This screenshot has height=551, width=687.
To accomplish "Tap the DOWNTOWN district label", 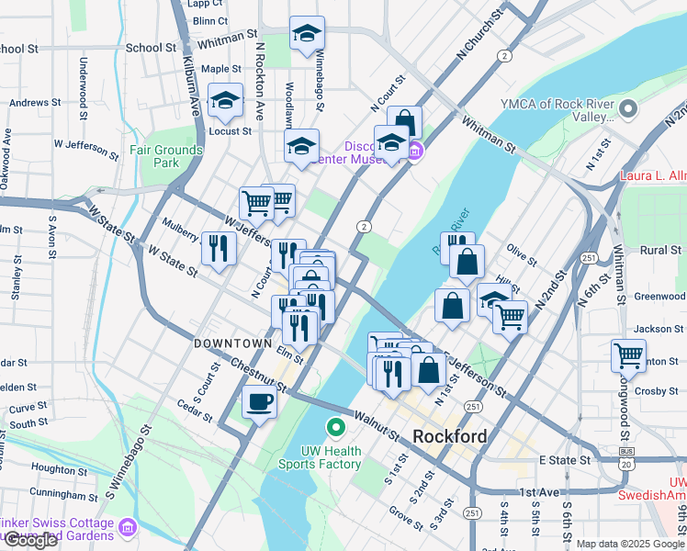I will [x=232, y=343].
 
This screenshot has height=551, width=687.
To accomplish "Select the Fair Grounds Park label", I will [x=165, y=156].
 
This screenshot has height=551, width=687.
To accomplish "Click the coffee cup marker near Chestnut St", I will [x=260, y=401].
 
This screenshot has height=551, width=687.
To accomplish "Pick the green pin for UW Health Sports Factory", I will [x=336, y=427].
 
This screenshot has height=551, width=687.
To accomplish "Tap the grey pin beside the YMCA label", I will [x=628, y=110].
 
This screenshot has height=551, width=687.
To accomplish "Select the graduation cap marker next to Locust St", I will [x=225, y=102].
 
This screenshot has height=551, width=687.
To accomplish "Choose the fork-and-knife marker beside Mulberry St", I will [x=218, y=249].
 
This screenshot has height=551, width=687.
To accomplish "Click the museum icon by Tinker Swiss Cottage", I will [x=127, y=526].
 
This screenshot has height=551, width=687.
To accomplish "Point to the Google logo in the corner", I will [x=30, y=540].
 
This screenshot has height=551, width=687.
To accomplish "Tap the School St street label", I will [x=151, y=48].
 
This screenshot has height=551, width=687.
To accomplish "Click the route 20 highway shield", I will [x=625, y=465].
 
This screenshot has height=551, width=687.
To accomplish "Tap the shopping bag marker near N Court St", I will [x=404, y=123].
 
